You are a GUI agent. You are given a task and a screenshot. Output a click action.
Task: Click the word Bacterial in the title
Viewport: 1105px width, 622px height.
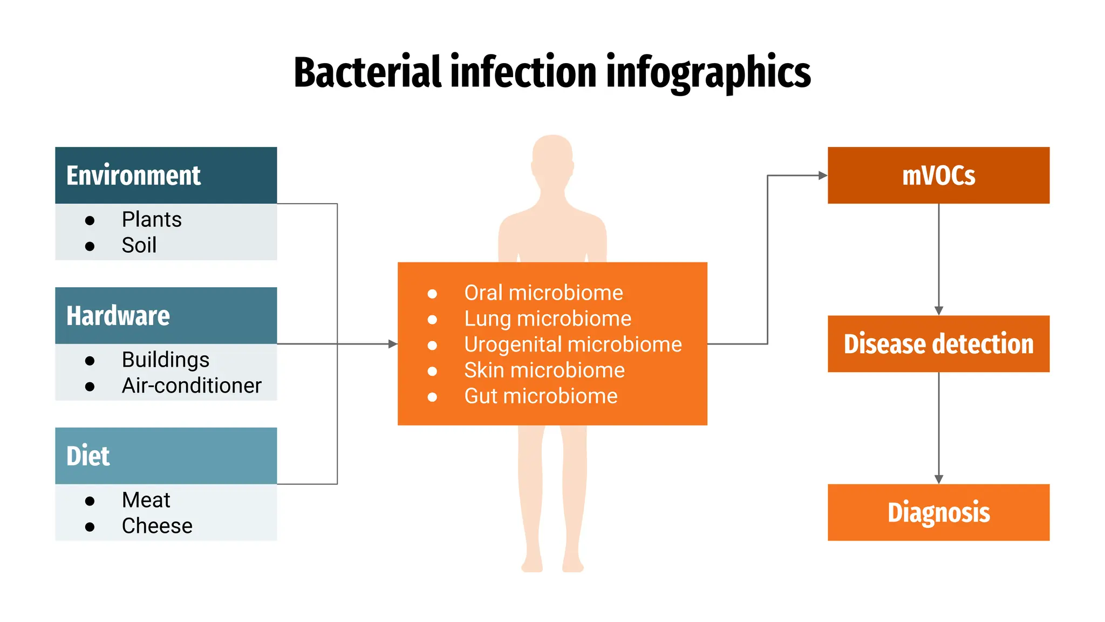367,72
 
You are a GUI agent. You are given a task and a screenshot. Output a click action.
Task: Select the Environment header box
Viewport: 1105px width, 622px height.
166,175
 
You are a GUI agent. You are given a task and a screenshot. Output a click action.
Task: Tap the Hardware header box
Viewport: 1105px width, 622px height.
166,315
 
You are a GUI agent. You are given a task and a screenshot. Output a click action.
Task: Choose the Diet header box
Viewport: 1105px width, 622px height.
166,456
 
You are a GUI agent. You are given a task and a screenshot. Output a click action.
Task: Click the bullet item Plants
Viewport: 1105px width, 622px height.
152,220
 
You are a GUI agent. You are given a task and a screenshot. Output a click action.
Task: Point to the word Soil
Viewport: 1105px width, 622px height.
139,246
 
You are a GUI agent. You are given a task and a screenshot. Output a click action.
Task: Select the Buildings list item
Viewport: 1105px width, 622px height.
165,360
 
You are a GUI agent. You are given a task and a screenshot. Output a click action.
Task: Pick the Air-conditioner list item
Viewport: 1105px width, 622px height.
191,386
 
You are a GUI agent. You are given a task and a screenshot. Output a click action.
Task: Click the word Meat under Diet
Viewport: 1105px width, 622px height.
146,500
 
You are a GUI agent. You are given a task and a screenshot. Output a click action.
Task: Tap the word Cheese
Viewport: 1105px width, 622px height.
157,526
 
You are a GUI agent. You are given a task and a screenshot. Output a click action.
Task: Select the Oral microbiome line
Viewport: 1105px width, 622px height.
543,293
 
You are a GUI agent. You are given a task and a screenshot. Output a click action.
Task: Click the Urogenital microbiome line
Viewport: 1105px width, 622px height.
572,344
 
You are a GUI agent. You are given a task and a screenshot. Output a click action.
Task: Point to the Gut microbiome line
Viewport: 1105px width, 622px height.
541,396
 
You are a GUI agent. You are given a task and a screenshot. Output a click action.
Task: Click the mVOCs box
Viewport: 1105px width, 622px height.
938,175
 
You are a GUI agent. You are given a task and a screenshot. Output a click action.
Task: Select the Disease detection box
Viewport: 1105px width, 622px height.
938,344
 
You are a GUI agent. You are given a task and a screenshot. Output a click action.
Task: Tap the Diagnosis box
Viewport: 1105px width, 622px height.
938,512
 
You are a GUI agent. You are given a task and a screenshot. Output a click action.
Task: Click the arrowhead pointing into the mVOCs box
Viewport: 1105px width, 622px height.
823,175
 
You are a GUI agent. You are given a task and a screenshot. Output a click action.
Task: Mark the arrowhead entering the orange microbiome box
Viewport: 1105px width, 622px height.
393,344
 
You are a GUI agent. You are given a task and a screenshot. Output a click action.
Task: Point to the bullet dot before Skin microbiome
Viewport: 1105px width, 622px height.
432,371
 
